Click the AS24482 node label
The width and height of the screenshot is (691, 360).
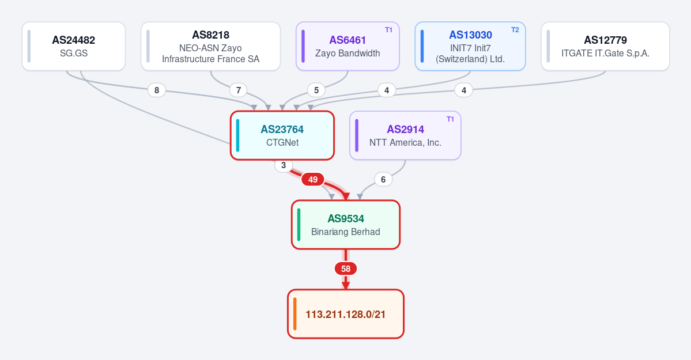pyautogui.click(x=74, y=40)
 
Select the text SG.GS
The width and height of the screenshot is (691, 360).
pyautogui.click(x=74, y=54)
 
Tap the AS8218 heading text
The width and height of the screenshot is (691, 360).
pyautogui.click(x=211, y=35)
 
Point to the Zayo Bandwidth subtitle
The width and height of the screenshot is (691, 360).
pyautogui.click(x=348, y=54)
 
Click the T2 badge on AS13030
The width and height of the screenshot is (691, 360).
pyautogui.click(x=515, y=30)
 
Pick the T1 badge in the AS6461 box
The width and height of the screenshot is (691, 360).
pyautogui.click(x=388, y=30)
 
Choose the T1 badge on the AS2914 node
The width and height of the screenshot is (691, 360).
pyautogui.click(x=450, y=119)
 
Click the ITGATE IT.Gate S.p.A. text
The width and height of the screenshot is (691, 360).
pyautogui.click(x=605, y=54)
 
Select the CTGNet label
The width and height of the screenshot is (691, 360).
pyautogui.click(x=282, y=143)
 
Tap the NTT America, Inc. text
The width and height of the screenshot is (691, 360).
pyautogui.click(x=405, y=143)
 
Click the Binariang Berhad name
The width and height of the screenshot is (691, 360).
pyautogui.click(x=346, y=232)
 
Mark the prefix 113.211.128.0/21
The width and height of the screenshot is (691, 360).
pyautogui.click(x=346, y=314)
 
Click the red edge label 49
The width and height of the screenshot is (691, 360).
pyautogui.click(x=312, y=179)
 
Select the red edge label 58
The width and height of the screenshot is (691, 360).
pyautogui.click(x=346, y=269)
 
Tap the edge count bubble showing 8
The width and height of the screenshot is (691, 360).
pyautogui.click(x=156, y=90)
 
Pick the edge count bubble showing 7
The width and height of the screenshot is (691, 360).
pyautogui.click(x=239, y=90)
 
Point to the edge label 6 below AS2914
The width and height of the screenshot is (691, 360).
pyautogui.click(x=383, y=179)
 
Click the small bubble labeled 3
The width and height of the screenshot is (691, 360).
pyautogui.click(x=284, y=165)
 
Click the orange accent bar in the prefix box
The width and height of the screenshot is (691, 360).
pyautogui.click(x=295, y=314)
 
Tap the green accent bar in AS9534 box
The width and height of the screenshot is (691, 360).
pyautogui.click(x=299, y=225)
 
